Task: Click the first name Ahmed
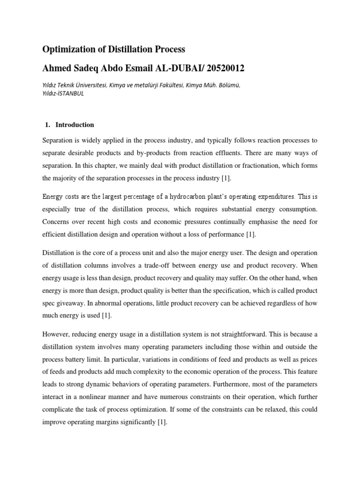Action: [x=58, y=68]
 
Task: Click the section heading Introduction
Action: [x=75, y=125]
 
